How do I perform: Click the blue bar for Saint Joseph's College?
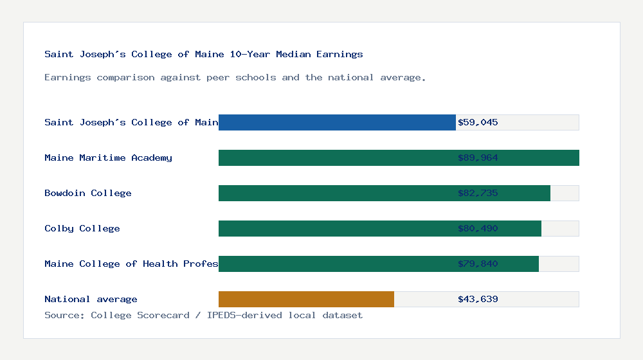[337, 122]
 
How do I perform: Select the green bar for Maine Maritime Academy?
[399, 157]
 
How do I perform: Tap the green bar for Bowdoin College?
[384, 193]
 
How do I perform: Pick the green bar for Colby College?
[379, 228]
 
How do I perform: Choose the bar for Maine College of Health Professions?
[378, 264]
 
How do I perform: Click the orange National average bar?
[306, 299]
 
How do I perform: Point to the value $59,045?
[478, 122]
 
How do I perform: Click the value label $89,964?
[478, 157]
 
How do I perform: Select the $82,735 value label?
[478, 193]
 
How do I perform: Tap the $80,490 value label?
[478, 228]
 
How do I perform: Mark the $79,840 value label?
[478, 264]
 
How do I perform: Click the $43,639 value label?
[478, 299]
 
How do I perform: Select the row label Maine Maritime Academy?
[108, 157]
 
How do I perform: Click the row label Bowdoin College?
[88, 193]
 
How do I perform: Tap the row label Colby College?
[82, 228]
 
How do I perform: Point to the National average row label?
[91, 299]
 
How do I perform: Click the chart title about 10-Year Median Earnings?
[204, 54]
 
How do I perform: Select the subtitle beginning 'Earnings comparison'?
[235, 77]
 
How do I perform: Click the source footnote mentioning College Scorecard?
[203, 315]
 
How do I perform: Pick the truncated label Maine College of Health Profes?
[131, 264]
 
